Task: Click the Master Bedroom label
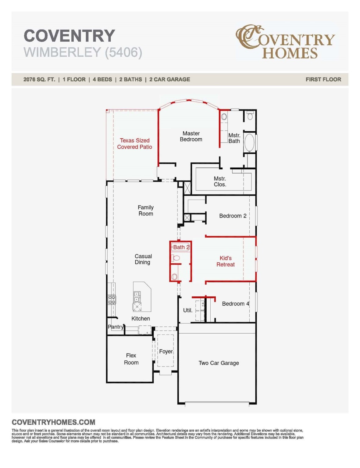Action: coord(191,136)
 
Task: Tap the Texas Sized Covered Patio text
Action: coord(134,144)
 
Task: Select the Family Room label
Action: coord(145,211)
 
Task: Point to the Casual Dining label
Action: coord(143,259)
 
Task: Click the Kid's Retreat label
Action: coord(226,261)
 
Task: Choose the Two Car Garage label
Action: coord(219,363)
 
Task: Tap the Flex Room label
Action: coord(131,359)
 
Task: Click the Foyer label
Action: coord(166,352)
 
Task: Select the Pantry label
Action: coord(116,327)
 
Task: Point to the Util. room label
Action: coord(187,310)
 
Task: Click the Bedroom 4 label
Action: coord(235,304)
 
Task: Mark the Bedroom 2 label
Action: coord(233,216)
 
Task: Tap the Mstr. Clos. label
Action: coord(220,182)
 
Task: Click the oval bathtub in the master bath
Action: coord(249,143)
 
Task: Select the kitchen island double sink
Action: coord(137,296)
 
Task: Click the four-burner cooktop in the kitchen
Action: coord(112,300)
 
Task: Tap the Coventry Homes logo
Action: coord(285,42)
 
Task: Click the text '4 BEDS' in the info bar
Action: coord(102,80)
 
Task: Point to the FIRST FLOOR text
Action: coord(323,80)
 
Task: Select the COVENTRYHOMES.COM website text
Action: coord(53,422)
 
